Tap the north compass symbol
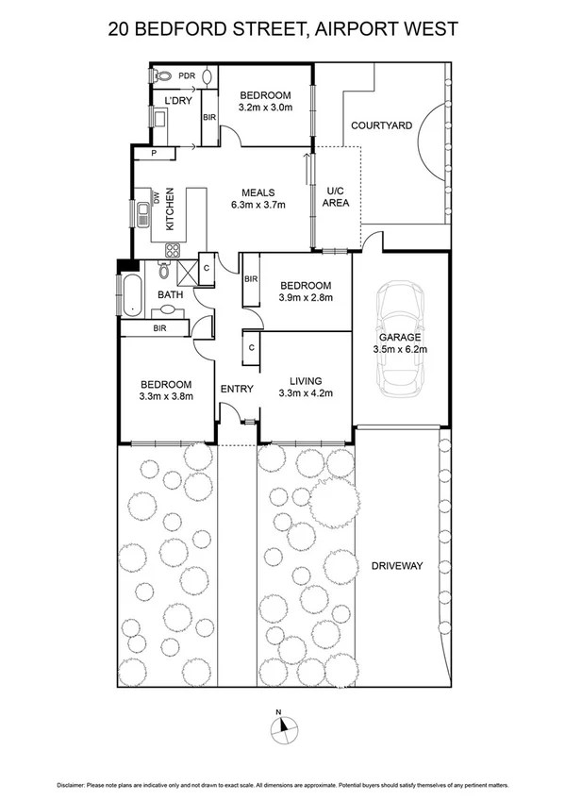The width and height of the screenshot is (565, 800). pyautogui.click(x=282, y=725)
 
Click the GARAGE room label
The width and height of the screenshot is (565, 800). pyautogui.click(x=399, y=337)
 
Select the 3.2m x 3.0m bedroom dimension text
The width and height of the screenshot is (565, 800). pyautogui.click(x=265, y=108)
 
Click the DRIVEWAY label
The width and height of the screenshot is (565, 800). pyautogui.click(x=396, y=566)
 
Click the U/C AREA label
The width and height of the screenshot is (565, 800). pyautogui.click(x=337, y=196)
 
